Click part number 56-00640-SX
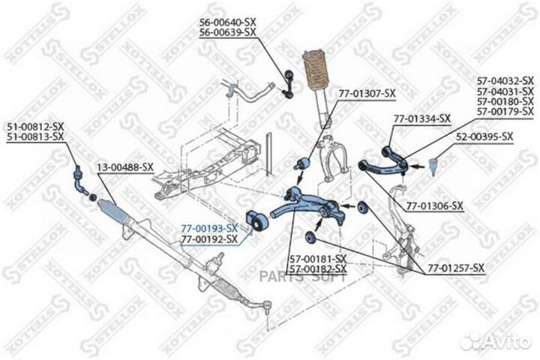[228, 22]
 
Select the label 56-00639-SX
[228, 32]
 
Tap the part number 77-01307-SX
[367, 94]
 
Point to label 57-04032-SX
[505, 81]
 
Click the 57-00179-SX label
[505, 111]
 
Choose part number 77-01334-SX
[422, 118]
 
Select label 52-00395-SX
[484, 136]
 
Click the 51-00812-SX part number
[35, 127]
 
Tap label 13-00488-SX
[124, 168]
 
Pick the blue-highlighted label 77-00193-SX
[209, 228]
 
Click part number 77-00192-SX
[209, 238]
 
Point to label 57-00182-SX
[318, 268]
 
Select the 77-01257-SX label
[456, 268]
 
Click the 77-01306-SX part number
[435, 206]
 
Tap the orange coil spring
[316, 70]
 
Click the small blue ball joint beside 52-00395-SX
[433, 165]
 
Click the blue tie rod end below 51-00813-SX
[80, 179]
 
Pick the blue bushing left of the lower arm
[256, 220]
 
